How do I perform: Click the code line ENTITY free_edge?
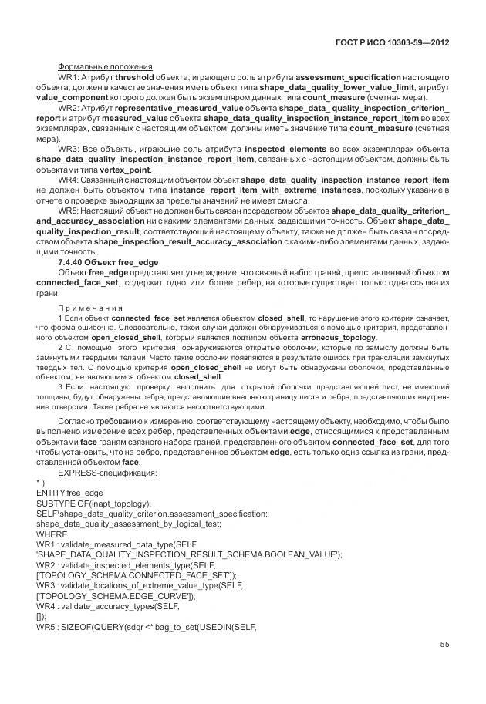pyautogui.click(x=69, y=492)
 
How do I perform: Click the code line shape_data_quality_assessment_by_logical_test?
pyautogui.click(x=129, y=523)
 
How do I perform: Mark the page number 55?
pyautogui.click(x=444, y=645)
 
